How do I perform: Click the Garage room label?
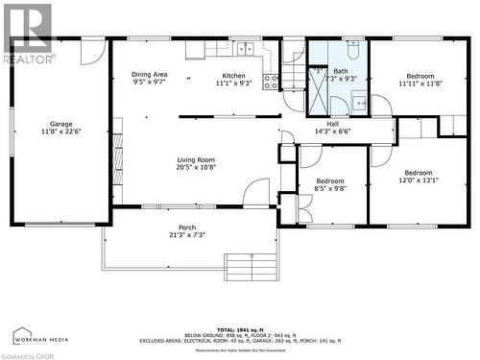click(60, 124)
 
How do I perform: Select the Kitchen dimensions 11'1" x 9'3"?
click(233, 84)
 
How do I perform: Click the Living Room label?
click(195, 160)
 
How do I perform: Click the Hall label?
click(332, 124)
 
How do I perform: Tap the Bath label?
click(341, 71)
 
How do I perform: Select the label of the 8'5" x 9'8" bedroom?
click(330, 180)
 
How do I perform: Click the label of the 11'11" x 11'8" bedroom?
click(420, 76)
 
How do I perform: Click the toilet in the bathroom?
click(352, 50)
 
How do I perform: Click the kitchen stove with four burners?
click(271, 81)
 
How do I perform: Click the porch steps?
click(244, 265)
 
